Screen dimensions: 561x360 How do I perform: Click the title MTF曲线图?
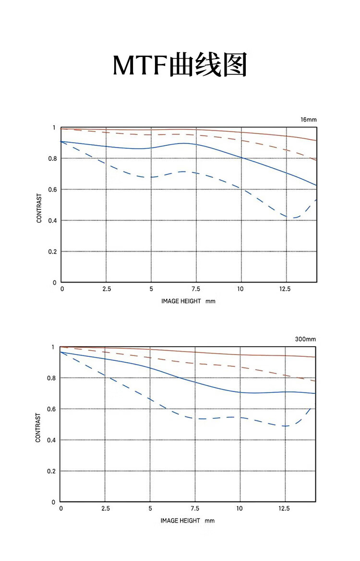pyautogui.click(x=180, y=65)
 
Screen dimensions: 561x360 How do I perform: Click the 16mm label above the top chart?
pyautogui.click(x=309, y=120)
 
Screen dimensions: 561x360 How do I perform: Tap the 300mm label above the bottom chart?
pyautogui.click(x=305, y=339)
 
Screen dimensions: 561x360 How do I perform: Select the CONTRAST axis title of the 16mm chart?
pyautogui.click(x=39, y=208)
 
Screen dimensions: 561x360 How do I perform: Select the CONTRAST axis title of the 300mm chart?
pyautogui.click(x=38, y=427)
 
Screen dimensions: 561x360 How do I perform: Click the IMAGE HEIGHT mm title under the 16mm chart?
pyautogui.click(x=188, y=301)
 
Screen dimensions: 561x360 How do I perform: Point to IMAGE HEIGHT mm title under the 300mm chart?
pyautogui.click(x=187, y=520)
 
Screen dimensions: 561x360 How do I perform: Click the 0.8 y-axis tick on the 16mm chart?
pyautogui.click(x=53, y=159)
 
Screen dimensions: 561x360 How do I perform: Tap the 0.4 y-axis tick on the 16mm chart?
pyautogui.click(x=53, y=220)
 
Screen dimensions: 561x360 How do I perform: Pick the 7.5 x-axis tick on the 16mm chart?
pyautogui.click(x=196, y=289)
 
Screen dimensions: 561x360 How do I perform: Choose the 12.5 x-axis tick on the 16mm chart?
pyautogui.click(x=285, y=289)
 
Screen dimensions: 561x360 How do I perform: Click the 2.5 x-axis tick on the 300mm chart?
pyautogui.click(x=106, y=509)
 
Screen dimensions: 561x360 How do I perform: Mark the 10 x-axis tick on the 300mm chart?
pyautogui.click(x=240, y=509)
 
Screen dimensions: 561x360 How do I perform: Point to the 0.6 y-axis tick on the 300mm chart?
pyautogui.click(x=52, y=409)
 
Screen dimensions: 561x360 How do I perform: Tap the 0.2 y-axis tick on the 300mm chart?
pyautogui.click(x=52, y=471)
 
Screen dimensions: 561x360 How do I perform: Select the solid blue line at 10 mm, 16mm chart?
pyautogui.click(x=241, y=158)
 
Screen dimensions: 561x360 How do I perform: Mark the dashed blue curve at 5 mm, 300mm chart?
pyautogui.click(x=151, y=399)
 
